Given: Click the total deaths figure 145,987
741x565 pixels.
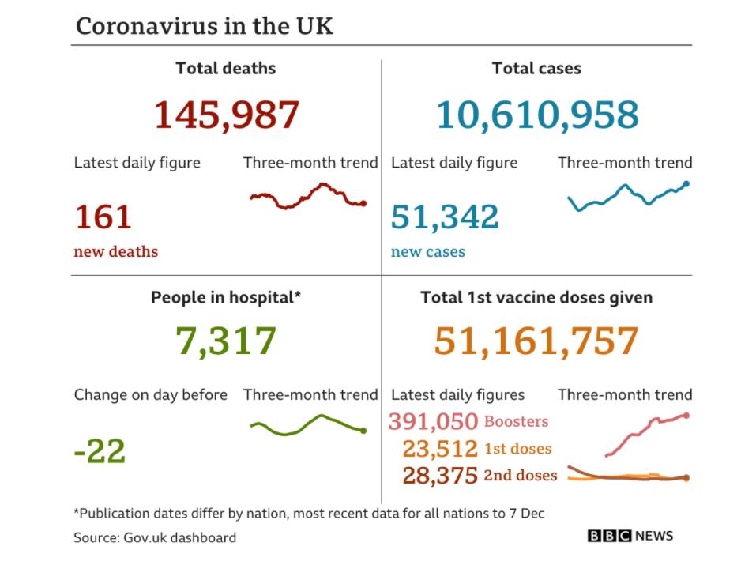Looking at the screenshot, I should point(226,115).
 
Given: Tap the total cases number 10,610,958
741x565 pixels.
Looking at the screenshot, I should point(537,115).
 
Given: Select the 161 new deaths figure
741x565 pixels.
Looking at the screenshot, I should point(103,217).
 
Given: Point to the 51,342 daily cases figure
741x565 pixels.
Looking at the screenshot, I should point(445,217).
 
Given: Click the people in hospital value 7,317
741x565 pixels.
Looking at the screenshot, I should point(226,341).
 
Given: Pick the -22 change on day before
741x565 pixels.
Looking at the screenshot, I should point(100,452).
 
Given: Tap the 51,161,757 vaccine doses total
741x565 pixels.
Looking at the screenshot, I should point(536,341).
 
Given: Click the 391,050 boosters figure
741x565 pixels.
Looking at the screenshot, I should point(433,422).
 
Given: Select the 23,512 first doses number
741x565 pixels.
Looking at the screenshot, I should point(440,449).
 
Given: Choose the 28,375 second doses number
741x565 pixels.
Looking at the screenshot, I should point(440,475).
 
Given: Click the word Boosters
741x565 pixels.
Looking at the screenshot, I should point(516,422).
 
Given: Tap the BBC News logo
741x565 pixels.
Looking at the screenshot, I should point(630,536).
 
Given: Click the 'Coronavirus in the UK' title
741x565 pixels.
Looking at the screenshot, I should point(205,26).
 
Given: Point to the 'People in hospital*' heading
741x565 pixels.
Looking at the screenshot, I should point(226,298).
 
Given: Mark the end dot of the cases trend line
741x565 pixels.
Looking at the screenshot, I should point(686,183).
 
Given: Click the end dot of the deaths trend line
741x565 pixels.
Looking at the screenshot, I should point(363,203).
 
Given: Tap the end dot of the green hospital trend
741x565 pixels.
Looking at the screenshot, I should point(363,431).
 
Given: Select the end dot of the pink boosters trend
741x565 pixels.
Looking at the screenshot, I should point(686,415).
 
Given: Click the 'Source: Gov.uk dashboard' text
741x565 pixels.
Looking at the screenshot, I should point(155,537).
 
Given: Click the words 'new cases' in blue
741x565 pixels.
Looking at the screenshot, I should point(427,252).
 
